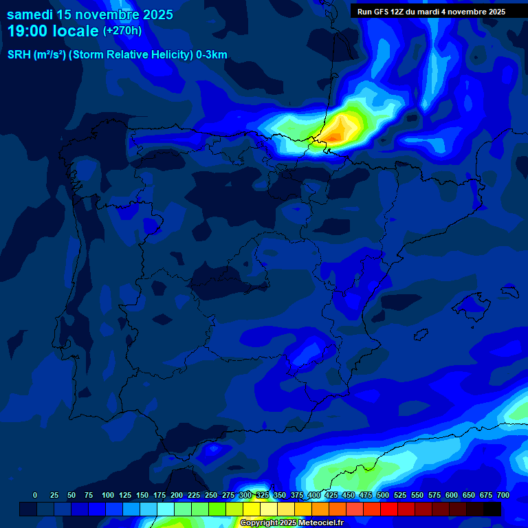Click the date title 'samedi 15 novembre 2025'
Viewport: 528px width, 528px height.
tap(89, 14)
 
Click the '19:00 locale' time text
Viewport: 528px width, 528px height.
tap(52, 31)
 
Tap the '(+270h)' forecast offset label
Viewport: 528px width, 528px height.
tap(122, 31)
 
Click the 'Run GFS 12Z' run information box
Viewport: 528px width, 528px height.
tap(431, 11)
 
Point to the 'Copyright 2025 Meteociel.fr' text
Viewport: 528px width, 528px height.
tap(291, 523)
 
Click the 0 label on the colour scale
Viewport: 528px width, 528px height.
tap(35, 495)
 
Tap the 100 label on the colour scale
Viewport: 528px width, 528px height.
tap(108, 495)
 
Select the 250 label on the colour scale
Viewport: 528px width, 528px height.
tap(211, 495)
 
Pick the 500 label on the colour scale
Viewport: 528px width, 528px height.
tap(383, 495)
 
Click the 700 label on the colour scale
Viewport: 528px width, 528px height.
tap(503, 495)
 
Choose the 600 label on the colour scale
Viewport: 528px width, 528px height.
tap(452, 495)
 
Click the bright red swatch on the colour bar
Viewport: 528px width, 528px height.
tap(389, 509)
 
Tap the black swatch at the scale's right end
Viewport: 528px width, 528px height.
tap(492, 509)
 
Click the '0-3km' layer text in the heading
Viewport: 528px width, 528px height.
tap(211, 55)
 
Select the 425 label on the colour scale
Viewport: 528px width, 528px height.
tap(331, 495)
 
